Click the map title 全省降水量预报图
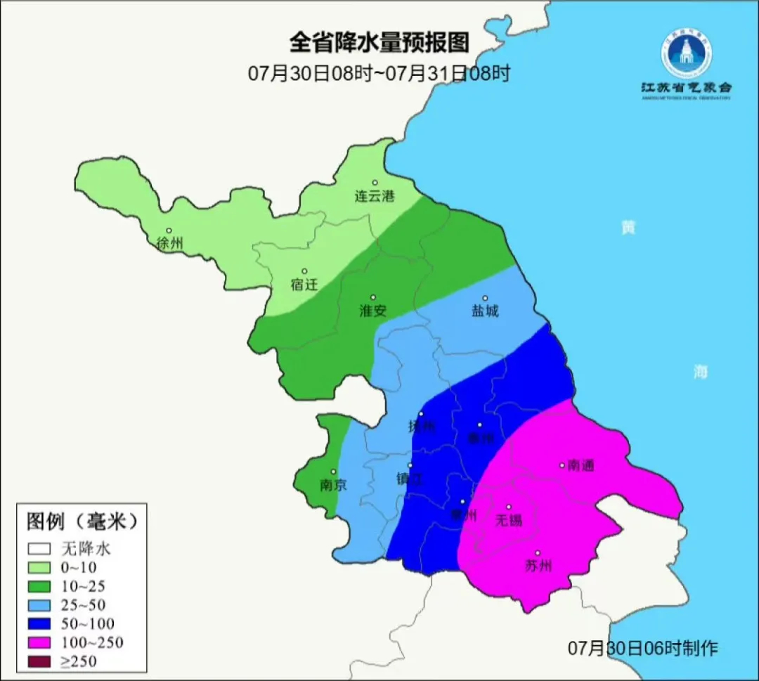[379, 43]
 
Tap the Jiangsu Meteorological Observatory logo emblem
[686, 53]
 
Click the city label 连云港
[375, 197]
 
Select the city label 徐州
[170, 244]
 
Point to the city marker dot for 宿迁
[304, 271]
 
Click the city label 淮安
[373, 311]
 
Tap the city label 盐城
[485, 311]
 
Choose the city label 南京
[332, 485]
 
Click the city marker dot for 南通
[562, 465]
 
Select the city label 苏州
[538, 566]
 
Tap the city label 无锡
[509, 520]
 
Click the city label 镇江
[410, 479]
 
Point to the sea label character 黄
[628, 228]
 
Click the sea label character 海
[701, 372]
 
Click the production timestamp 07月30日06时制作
[643, 647]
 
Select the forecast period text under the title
[379, 73]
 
